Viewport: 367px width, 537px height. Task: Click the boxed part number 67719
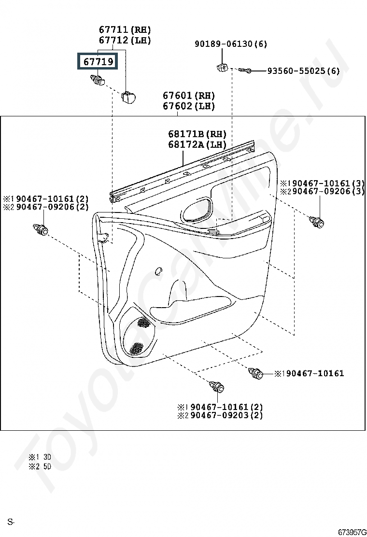(x=98, y=61)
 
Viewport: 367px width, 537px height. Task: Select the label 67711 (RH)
(x=125, y=30)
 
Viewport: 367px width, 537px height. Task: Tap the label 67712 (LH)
(x=125, y=40)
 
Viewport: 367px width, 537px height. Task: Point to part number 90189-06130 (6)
(x=231, y=44)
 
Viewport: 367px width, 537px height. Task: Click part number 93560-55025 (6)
(x=303, y=71)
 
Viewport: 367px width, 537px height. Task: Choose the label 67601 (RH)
(x=189, y=95)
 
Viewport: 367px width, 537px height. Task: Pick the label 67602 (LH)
(x=189, y=106)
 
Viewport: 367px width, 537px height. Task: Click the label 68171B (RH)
(x=197, y=134)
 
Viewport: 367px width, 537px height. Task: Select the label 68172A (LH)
(x=197, y=144)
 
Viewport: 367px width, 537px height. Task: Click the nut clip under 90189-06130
(x=223, y=67)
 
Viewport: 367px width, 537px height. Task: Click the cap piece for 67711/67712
(x=127, y=97)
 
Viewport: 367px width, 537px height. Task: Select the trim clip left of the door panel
(x=41, y=229)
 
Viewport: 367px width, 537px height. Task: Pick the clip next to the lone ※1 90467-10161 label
(x=256, y=373)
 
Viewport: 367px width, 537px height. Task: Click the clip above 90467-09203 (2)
(x=217, y=387)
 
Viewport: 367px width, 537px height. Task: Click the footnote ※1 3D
(x=40, y=457)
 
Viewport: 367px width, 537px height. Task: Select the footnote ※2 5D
(x=40, y=466)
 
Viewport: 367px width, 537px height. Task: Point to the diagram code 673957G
(x=352, y=532)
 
